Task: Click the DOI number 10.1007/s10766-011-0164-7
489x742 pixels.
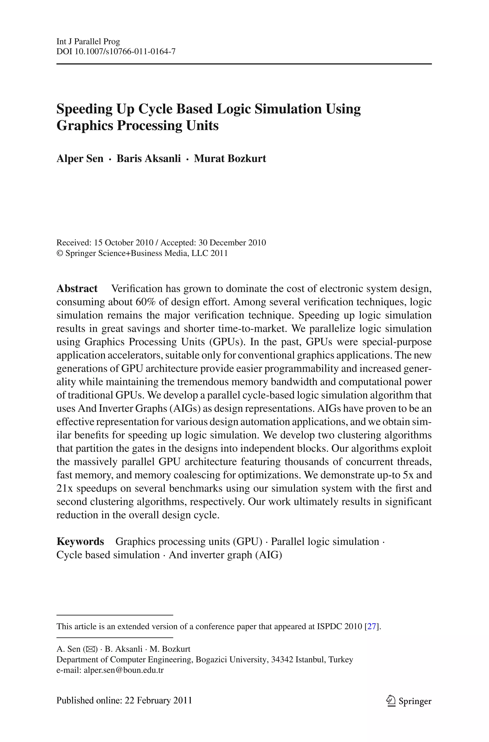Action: [125, 51]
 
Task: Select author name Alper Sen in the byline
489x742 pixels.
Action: [80, 158]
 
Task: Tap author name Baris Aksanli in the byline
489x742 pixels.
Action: [149, 158]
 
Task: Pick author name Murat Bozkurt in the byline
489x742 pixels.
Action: [230, 158]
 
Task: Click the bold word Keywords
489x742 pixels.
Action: [80, 541]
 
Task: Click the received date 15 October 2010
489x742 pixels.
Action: [124, 243]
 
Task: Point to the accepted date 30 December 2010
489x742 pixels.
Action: [232, 243]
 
